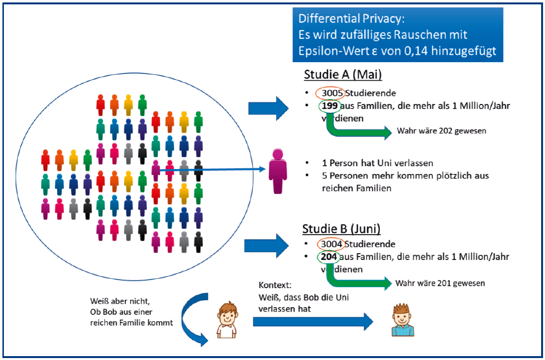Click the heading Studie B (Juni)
pos(341,228)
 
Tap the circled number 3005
pos(332,93)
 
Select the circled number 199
pos(329,106)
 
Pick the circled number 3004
pos(332,244)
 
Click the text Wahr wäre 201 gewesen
pos(440,283)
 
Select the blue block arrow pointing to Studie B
pos(266,245)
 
